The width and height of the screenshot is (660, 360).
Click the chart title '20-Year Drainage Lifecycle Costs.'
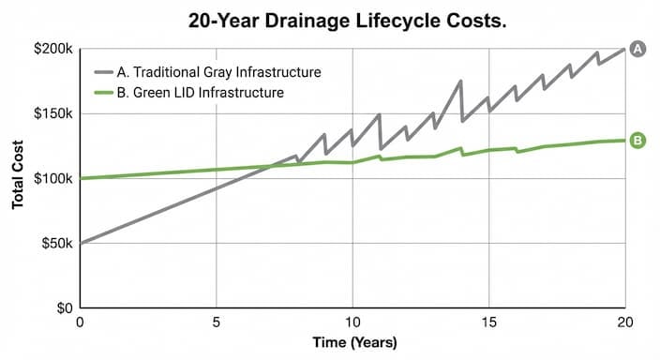[329, 20]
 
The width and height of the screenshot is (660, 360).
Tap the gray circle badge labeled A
[638, 49]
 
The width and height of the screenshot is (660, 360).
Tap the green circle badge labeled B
[638, 141]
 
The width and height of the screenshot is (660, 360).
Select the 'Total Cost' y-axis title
[18, 178]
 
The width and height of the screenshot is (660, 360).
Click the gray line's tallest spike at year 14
[460, 82]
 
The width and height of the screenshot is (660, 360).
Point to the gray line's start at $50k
[82, 243]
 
